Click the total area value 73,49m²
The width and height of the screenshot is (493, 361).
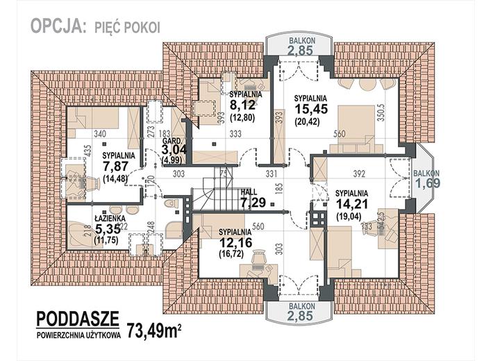click(x=153, y=326)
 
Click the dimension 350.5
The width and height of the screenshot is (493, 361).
click(x=381, y=113)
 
